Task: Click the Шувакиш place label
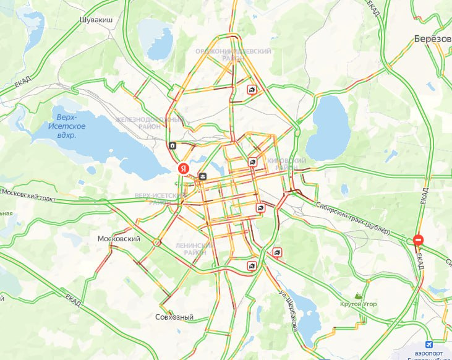96,20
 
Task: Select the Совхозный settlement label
174,317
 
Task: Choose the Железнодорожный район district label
150,123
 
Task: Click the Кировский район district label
286,164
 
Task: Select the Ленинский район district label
195,249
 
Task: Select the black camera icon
172,146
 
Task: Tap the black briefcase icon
203,178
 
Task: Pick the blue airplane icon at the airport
430,345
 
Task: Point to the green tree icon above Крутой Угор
358,295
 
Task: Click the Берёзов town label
432,38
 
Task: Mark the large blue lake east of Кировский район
328,128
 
